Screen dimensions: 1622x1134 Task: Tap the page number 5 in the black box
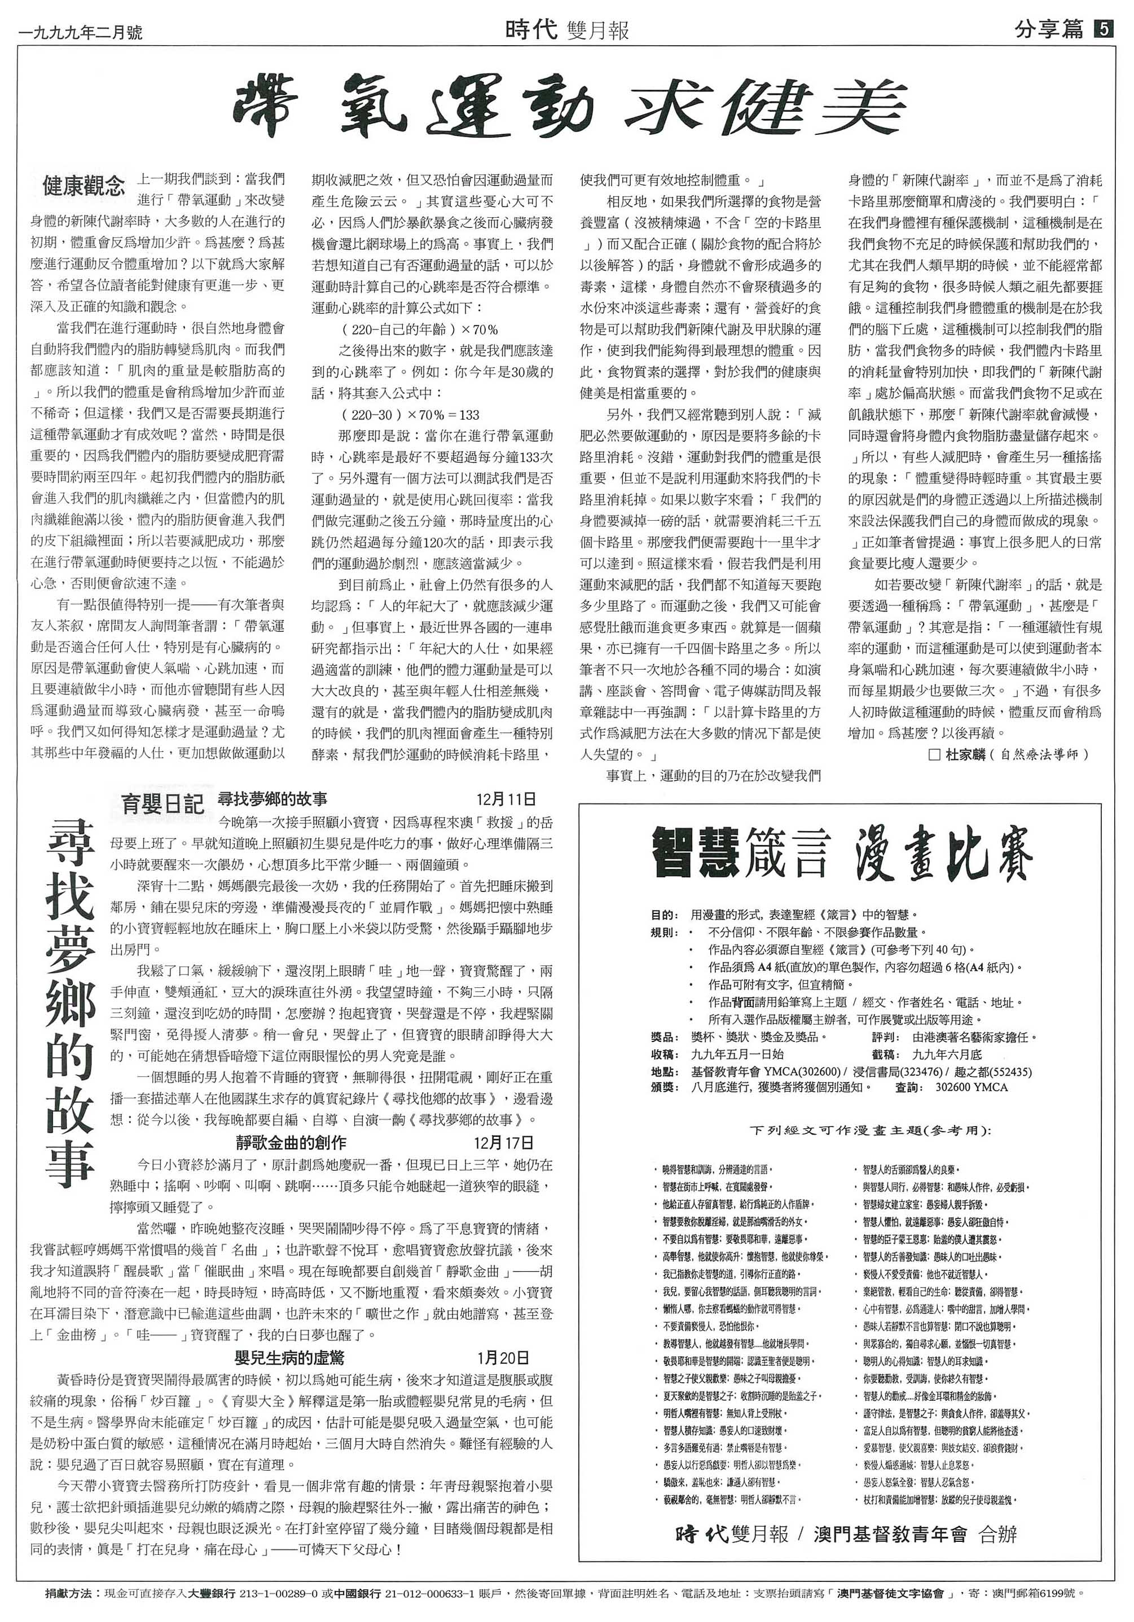[1103, 30]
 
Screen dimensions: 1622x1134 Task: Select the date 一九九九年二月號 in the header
[82, 32]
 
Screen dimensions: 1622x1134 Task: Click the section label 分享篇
[1048, 30]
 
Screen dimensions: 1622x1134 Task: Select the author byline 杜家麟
[966, 754]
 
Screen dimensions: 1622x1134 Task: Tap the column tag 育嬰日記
[162, 804]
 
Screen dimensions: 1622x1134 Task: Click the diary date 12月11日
[506, 799]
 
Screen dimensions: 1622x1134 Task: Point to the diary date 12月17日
[504, 1143]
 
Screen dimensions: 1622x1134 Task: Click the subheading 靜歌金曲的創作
[291, 1143]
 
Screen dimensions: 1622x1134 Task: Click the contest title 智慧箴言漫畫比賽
[841, 854]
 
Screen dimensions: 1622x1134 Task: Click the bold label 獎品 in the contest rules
[664, 1037]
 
